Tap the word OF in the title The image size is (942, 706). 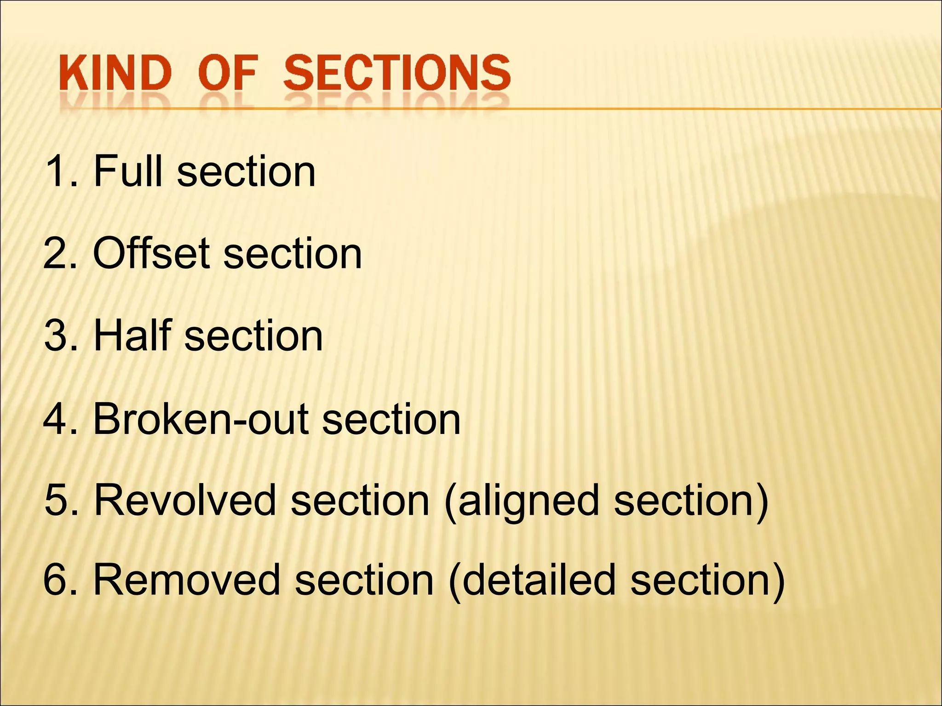[x=227, y=73]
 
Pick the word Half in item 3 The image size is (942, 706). [x=132, y=336]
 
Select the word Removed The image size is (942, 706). [x=187, y=580]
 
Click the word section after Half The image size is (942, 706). [x=254, y=336]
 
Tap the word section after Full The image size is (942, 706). [x=247, y=171]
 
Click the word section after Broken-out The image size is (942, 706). [x=391, y=419]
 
